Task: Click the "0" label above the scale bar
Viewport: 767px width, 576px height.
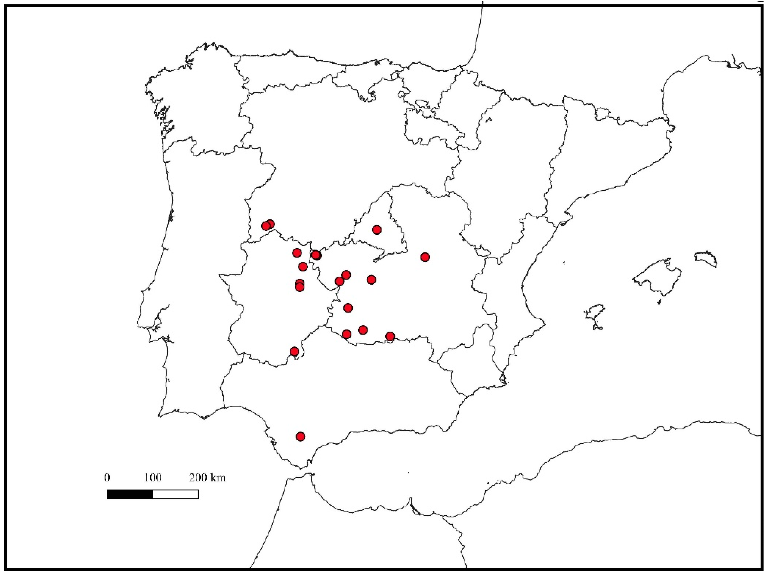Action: point(107,478)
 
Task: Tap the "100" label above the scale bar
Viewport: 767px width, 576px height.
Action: point(153,478)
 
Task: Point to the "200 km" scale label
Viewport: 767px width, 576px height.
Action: point(207,478)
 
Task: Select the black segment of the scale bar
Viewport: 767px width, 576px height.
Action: point(130,494)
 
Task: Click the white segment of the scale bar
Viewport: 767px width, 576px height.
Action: point(175,494)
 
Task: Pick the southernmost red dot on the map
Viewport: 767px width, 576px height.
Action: point(301,436)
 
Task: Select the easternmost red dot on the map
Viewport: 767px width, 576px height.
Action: point(425,257)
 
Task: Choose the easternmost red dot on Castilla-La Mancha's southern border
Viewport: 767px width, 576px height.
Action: point(390,336)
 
